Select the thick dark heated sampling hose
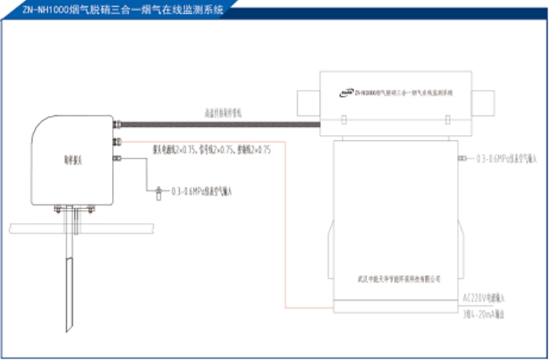click(x=220, y=125)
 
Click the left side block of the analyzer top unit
click(x=306, y=102)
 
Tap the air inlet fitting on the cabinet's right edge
click(x=459, y=159)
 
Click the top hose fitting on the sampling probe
click(x=116, y=125)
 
